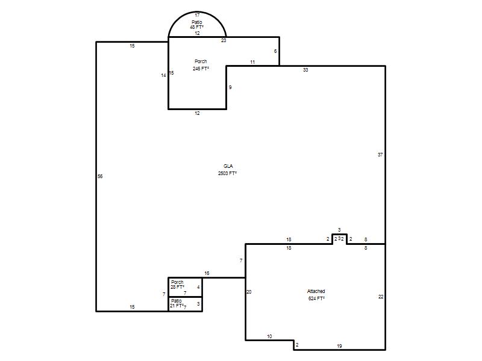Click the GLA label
pyautogui.click(x=228, y=166)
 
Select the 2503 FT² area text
pyautogui.click(x=228, y=173)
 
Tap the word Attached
pyautogui.click(x=316, y=291)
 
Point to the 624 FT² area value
pyautogui.click(x=317, y=298)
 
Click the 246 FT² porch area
pyautogui.click(x=201, y=69)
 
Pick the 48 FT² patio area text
pyautogui.click(x=197, y=27)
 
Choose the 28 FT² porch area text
pyautogui.click(x=177, y=288)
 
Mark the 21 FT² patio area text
pyautogui.click(x=177, y=306)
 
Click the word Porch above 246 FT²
pyautogui.click(x=201, y=61)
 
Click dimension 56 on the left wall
pyautogui.click(x=100, y=176)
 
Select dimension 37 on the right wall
pyautogui.click(x=380, y=155)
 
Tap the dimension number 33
pyautogui.click(x=305, y=70)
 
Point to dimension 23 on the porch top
pyautogui.click(x=224, y=40)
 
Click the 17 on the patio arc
pyautogui.click(x=198, y=15)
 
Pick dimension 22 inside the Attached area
pyautogui.click(x=381, y=297)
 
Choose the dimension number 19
pyautogui.click(x=339, y=347)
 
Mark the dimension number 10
pyautogui.click(x=269, y=336)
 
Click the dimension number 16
pyautogui.click(x=207, y=273)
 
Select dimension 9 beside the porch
pyautogui.click(x=230, y=87)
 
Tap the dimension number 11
pyautogui.click(x=252, y=63)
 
